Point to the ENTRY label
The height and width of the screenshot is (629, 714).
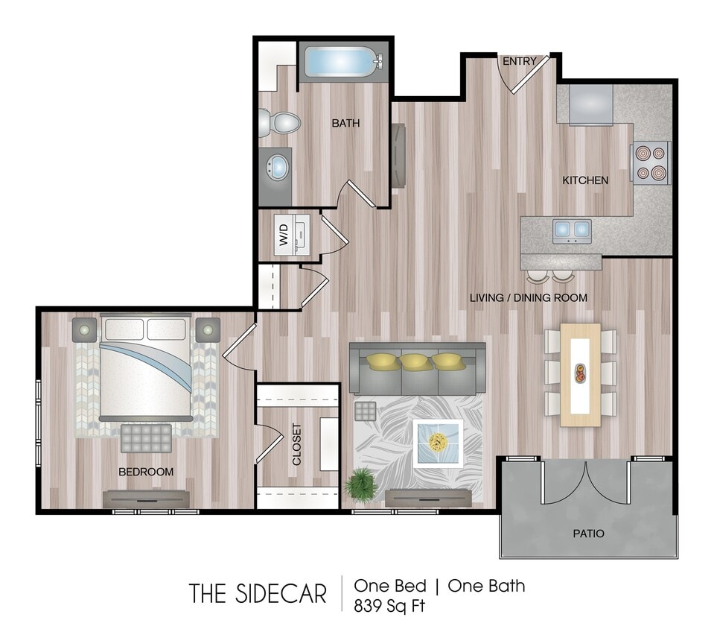[519, 61]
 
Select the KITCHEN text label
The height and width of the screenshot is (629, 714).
[584, 180]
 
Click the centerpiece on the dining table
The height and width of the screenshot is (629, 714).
[580, 373]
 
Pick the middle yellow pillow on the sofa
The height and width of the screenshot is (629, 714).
[416, 362]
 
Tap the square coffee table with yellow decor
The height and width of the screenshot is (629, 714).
[438, 443]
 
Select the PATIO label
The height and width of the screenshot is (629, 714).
[588, 534]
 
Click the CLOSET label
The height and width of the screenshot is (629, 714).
[297, 445]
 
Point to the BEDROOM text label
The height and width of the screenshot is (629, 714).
[146, 472]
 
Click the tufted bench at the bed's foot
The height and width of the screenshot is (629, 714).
[146, 437]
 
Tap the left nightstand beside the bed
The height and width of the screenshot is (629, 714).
[84, 329]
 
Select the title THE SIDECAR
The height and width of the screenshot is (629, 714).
[258, 594]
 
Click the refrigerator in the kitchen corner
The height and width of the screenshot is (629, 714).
[591, 104]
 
